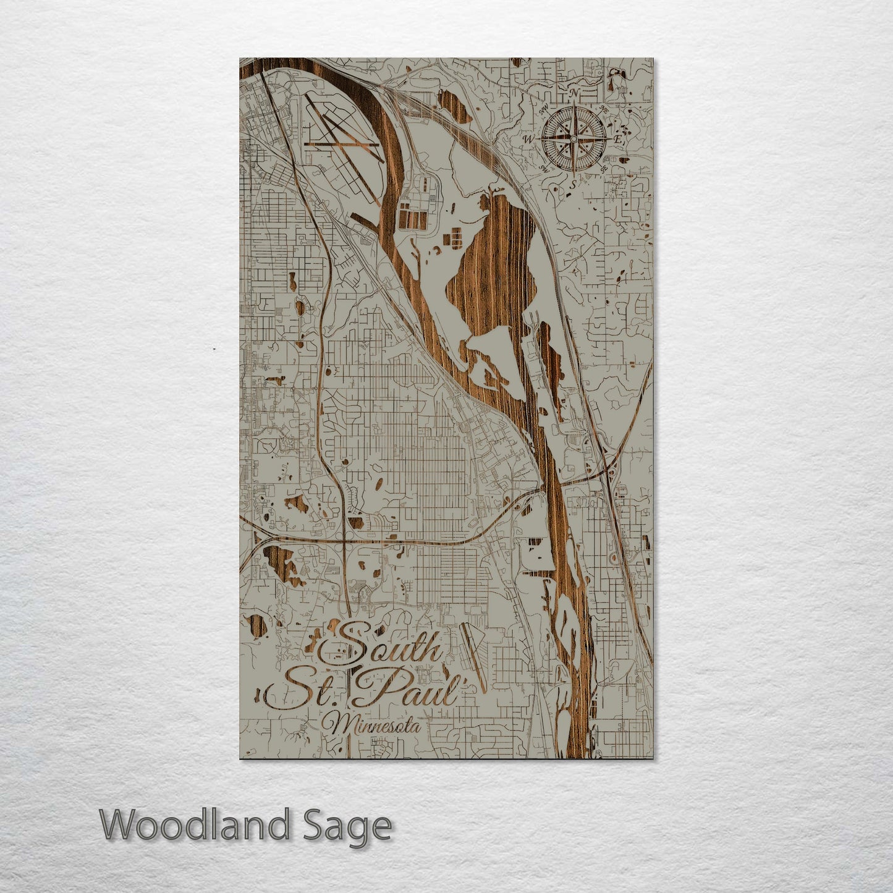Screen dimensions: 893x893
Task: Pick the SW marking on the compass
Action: click(x=544, y=168)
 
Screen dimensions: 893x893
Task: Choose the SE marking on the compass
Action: click(x=604, y=168)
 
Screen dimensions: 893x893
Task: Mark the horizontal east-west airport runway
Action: click(x=344, y=145)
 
